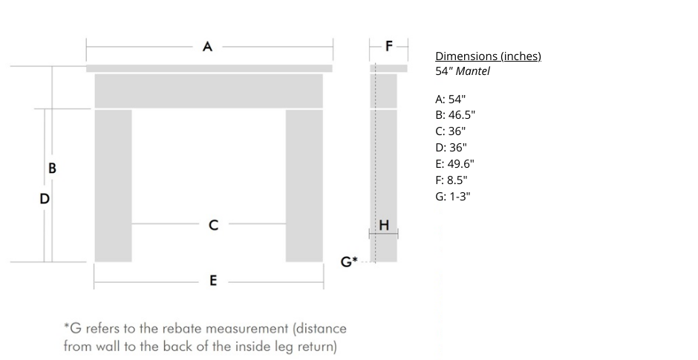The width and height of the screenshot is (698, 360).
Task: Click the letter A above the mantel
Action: [x=208, y=47]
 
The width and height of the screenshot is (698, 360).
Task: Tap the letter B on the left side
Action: [x=52, y=168]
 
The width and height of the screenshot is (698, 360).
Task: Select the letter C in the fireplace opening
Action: [x=213, y=224]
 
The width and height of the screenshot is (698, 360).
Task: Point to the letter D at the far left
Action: [x=45, y=198]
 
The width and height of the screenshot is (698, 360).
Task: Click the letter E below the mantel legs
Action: [x=213, y=281]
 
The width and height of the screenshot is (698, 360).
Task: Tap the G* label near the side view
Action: [x=349, y=261]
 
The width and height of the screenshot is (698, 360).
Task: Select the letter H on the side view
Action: [x=384, y=225]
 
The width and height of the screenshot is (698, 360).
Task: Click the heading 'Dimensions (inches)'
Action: [x=488, y=56]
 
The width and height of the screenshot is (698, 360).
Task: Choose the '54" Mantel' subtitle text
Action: [x=463, y=71]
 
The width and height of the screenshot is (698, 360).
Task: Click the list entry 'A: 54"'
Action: [x=451, y=99]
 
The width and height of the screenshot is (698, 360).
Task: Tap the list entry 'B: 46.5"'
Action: [x=455, y=115]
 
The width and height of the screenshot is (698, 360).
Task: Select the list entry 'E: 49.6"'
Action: [x=454, y=163]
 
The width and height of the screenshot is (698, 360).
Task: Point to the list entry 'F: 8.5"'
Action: [x=451, y=180]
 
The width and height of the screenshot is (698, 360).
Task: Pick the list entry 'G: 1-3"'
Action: [x=452, y=196]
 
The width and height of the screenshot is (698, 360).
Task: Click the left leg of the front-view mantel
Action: [x=113, y=186]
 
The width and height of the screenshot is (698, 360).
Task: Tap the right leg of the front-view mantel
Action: [x=304, y=186]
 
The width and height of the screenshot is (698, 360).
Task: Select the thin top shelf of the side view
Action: [x=388, y=68]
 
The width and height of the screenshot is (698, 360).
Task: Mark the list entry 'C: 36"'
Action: [x=451, y=131]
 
